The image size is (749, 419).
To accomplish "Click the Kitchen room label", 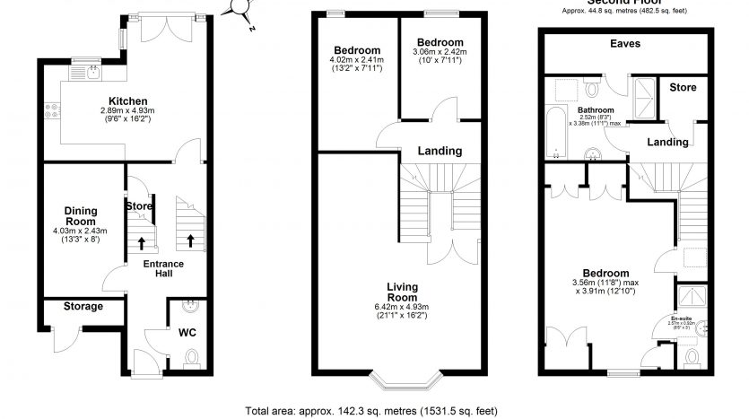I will coord(128,100).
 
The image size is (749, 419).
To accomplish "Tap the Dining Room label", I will coord(80,215).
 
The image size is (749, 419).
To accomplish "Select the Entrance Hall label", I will coord(163,269).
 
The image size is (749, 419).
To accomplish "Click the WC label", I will coord(187,333).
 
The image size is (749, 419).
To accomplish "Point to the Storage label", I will coord(83,306).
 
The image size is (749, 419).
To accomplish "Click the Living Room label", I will coord(402,292).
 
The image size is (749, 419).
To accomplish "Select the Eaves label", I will coord(624,44).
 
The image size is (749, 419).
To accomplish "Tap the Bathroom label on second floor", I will coord(579,108).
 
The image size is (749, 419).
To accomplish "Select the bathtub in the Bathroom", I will coord(556,132).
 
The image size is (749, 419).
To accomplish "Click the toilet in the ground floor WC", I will coord(189,361).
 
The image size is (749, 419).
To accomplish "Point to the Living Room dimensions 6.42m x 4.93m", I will coord(402,310).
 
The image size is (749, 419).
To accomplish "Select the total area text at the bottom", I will coord(371,411).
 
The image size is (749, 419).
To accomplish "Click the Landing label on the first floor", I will coord(440,151).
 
